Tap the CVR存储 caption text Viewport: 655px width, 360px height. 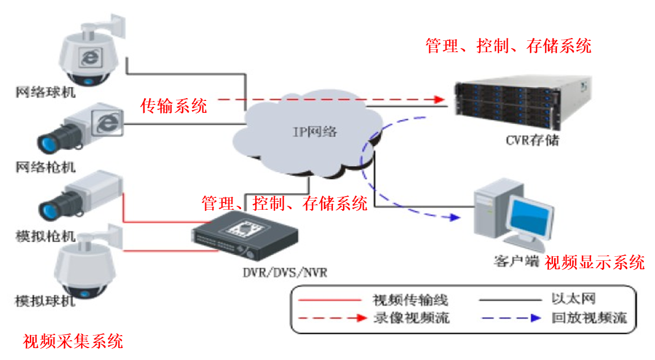click(x=532, y=140)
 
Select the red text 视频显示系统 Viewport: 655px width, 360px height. click(x=595, y=262)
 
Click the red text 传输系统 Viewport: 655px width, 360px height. click(x=174, y=105)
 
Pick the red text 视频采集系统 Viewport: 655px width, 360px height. click(x=73, y=341)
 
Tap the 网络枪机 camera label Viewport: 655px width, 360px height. click(x=45, y=167)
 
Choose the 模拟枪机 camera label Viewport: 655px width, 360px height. click(x=45, y=236)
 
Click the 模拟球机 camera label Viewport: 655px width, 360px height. click(x=45, y=300)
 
